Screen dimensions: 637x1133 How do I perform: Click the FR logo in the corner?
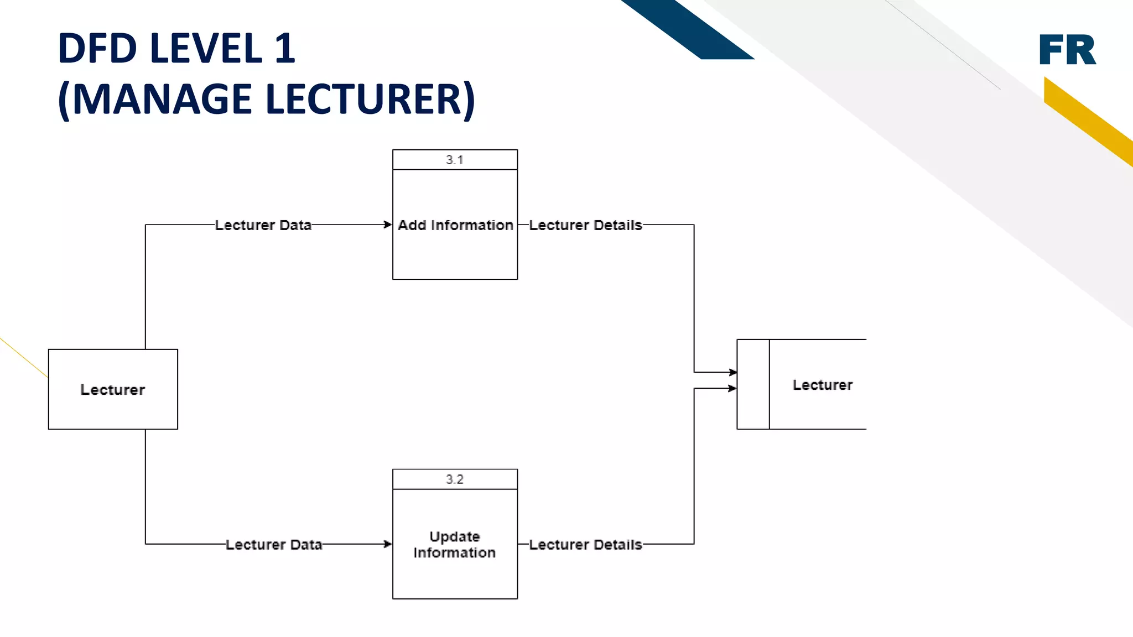(1067, 50)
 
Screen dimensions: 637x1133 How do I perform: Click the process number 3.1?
(455, 160)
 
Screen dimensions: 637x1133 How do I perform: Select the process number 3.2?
(455, 479)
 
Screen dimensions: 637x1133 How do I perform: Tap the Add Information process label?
(455, 225)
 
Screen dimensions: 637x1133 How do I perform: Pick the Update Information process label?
(455, 545)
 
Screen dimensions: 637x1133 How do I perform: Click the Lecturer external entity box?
(113, 389)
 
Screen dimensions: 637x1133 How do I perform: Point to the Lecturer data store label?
(822, 385)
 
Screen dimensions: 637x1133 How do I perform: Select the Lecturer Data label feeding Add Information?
(263, 225)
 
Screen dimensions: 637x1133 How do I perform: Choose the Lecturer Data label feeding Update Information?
(274, 545)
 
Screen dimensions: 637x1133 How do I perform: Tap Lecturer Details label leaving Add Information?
(585, 225)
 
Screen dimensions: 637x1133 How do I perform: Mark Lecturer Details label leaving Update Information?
(585, 545)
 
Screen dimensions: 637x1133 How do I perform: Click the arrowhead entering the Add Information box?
(388, 224)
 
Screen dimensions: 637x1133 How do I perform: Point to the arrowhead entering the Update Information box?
(388, 544)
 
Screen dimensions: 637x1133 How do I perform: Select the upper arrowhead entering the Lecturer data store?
(732, 372)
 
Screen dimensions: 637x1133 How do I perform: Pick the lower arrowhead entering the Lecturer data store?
(732, 388)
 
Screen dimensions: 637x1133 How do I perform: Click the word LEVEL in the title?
(206, 49)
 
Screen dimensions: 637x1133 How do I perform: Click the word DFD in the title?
(97, 49)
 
